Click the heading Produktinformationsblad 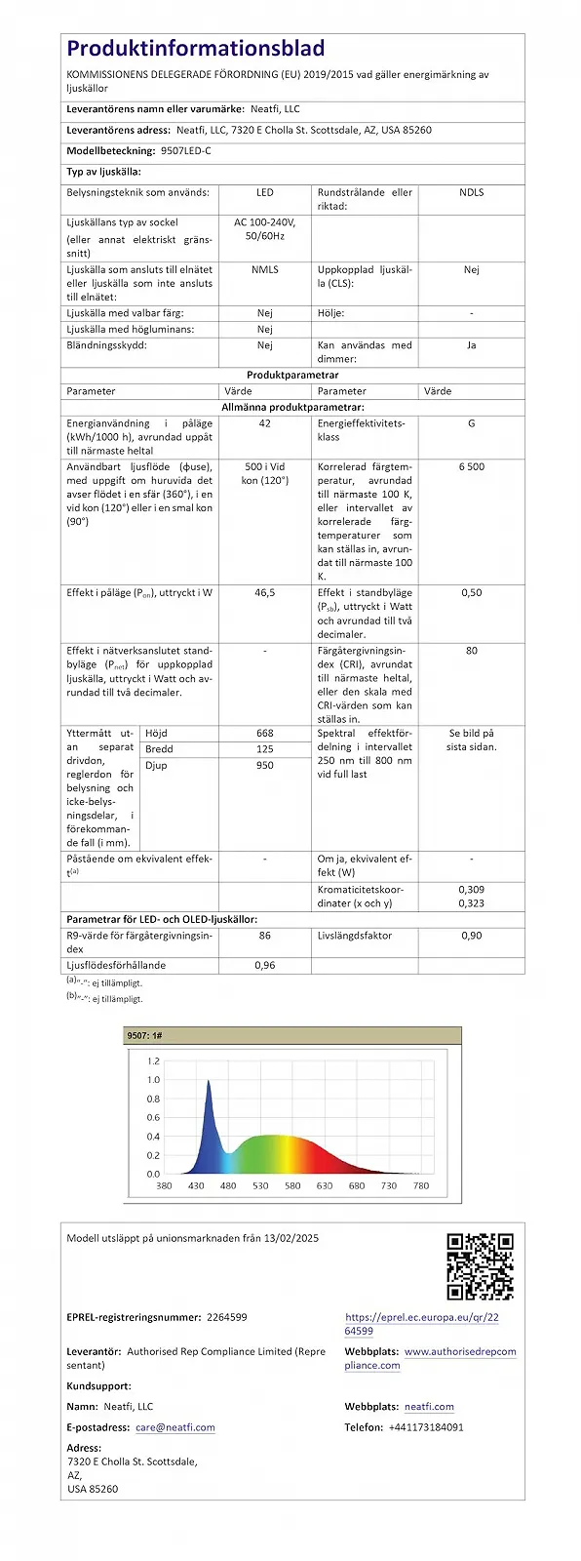tap(196, 48)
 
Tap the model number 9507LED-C tap(185, 151)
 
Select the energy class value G tap(471, 423)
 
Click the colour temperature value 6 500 tap(471, 466)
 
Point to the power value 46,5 tap(264, 592)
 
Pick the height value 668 tap(264, 733)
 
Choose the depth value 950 tap(264, 765)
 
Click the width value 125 tap(264, 749)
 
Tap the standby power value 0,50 tap(471, 592)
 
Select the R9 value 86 tap(264, 936)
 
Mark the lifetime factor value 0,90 tap(471, 936)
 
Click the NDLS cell tap(471, 192)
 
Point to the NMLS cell tap(264, 269)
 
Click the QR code tap(480, 1267)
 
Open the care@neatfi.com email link tap(175, 1427)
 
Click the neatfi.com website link tap(429, 1407)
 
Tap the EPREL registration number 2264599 tap(227, 1317)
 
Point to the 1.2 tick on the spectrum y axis tap(153, 1061)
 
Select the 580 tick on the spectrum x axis tap(292, 1185)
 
